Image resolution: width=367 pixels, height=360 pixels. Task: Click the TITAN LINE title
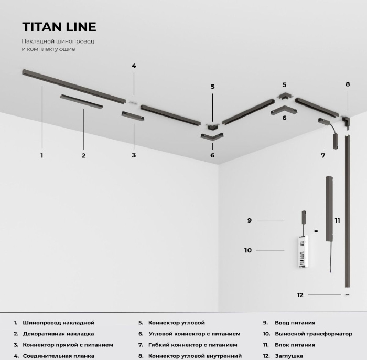(x=59, y=27)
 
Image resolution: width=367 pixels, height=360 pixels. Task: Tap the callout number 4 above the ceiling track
(x=134, y=66)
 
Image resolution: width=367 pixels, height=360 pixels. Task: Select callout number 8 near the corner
(x=348, y=84)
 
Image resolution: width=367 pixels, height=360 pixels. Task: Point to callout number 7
(x=323, y=155)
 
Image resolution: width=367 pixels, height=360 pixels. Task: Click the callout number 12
(x=300, y=295)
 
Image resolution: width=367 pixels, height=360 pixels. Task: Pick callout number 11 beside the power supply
(x=337, y=220)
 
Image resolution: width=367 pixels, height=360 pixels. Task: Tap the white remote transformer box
(x=303, y=251)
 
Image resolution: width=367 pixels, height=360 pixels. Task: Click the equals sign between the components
(x=316, y=231)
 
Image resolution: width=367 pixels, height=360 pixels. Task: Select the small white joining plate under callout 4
(x=134, y=102)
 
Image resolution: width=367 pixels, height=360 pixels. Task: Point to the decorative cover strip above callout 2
(x=81, y=101)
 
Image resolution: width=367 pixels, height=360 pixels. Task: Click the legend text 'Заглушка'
(x=289, y=356)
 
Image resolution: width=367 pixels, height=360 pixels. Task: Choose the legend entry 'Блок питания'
(x=295, y=345)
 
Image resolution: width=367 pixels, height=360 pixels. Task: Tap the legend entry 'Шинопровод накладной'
(x=59, y=323)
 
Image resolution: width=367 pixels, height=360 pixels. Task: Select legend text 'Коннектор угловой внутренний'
(x=195, y=356)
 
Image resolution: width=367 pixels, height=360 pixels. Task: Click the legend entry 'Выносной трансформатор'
(x=314, y=334)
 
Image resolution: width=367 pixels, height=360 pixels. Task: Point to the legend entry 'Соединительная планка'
(x=59, y=356)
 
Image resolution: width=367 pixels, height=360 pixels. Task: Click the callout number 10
(x=248, y=250)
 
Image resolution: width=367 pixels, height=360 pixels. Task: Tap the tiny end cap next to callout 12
(x=347, y=295)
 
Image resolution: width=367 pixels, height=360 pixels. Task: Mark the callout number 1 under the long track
(x=41, y=155)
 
